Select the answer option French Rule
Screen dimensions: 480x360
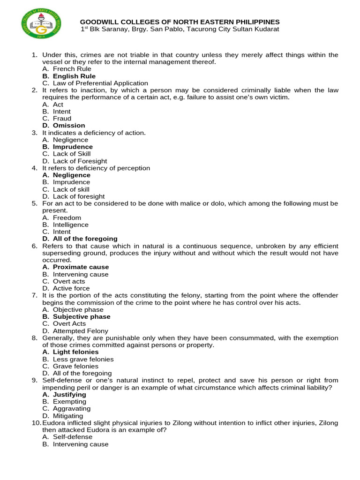point(72,69)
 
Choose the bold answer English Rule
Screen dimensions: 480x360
point(74,76)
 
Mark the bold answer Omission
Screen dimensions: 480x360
point(69,126)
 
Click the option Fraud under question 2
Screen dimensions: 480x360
point(62,119)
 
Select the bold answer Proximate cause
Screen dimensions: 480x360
point(81,267)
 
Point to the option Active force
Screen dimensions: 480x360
point(71,288)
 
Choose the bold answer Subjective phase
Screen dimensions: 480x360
point(82,317)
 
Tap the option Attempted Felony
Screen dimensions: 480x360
point(80,331)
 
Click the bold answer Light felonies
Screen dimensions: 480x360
point(75,352)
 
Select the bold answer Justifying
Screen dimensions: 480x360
point(69,395)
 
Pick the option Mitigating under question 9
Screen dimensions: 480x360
point(68,416)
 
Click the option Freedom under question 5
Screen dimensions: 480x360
point(67,217)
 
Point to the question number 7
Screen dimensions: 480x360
point(34,295)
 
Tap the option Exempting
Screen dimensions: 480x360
point(69,402)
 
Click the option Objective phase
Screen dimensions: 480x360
point(78,310)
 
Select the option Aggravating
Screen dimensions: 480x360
point(72,409)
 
